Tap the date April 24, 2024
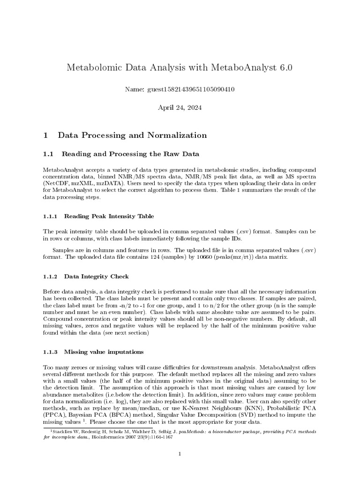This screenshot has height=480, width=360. [180, 107]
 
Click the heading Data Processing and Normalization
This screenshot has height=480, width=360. [132, 135]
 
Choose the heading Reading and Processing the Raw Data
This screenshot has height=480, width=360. [130, 154]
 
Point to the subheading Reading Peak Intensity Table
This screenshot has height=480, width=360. [108, 216]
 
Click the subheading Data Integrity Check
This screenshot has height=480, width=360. [96, 277]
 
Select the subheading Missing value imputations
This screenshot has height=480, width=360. [104, 351]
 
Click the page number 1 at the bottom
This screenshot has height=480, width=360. [180, 454]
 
